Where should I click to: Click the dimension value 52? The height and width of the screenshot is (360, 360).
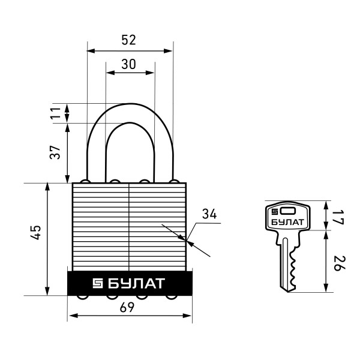pyautogui.click(x=128, y=40)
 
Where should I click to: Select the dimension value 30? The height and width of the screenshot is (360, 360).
pyautogui.click(x=128, y=64)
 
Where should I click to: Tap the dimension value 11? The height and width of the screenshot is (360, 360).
pyautogui.click(x=56, y=113)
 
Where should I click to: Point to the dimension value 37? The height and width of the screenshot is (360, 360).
pyautogui.click(x=56, y=153)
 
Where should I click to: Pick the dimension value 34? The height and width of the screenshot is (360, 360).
pyautogui.click(x=208, y=214)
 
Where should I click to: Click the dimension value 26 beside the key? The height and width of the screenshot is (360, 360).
pyautogui.click(x=337, y=263)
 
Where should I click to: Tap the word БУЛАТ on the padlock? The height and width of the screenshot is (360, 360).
pyautogui.click(x=137, y=283)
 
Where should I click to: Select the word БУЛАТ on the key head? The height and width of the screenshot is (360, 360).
pyautogui.click(x=287, y=223)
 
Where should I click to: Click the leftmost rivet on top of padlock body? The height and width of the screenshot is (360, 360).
pyautogui.click(x=86, y=181)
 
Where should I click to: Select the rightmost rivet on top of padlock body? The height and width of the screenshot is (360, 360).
pyautogui.click(x=174, y=181)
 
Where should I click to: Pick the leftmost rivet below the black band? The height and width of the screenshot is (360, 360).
pyautogui.click(x=86, y=297)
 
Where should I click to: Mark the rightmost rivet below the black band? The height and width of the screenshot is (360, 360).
pyautogui.click(x=174, y=297)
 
